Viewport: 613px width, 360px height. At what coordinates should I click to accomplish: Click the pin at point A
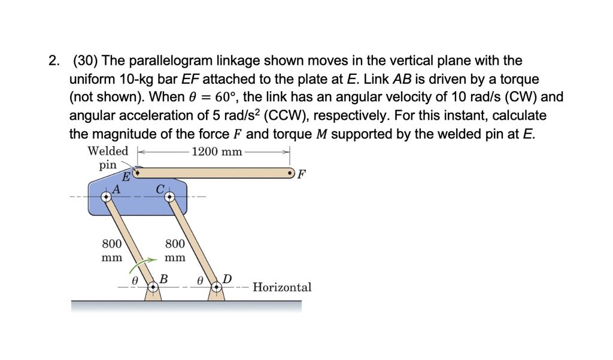(x=106, y=196)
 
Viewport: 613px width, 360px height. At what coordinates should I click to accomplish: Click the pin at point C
(x=168, y=196)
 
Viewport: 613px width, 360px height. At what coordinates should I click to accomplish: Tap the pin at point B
(x=153, y=288)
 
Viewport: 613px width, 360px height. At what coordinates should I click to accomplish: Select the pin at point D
(x=217, y=288)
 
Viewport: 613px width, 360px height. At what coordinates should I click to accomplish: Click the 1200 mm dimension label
(x=217, y=152)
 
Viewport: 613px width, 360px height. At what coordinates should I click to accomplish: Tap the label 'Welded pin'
(x=108, y=158)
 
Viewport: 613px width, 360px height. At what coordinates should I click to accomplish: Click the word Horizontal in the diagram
(x=282, y=288)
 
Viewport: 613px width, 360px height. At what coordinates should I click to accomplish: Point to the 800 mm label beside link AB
(x=111, y=251)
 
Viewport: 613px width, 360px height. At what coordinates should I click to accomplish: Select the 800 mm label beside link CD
(x=175, y=251)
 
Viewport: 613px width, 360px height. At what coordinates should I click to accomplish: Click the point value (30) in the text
(x=86, y=61)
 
